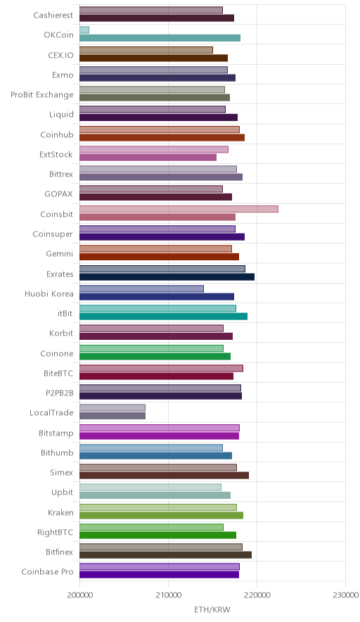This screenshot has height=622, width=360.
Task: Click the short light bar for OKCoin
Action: click(84, 30)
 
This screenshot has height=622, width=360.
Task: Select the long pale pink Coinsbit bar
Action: click(179, 209)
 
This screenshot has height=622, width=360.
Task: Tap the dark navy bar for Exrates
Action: click(167, 277)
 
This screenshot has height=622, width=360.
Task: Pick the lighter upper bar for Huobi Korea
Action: click(141, 288)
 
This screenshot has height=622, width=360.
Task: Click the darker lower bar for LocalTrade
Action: click(112, 416)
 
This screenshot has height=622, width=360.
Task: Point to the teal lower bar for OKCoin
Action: click(160, 38)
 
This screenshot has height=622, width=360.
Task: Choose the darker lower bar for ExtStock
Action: click(148, 158)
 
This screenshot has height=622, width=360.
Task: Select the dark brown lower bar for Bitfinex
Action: click(165, 555)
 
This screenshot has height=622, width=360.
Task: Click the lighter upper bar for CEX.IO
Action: click(146, 50)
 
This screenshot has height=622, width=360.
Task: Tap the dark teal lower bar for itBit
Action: click(163, 316)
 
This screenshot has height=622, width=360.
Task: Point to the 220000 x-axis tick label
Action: click(257, 595)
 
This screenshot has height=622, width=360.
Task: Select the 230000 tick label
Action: click(345, 595)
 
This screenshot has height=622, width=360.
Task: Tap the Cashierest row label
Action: click(53, 15)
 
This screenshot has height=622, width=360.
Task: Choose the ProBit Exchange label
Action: click(42, 95)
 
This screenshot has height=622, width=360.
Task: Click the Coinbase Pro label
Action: click(48, 571)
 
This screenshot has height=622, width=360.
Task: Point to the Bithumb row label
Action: click(57, 452)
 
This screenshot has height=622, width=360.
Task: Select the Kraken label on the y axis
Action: click(60, 512)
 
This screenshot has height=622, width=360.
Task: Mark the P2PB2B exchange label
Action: click(60, 393)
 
